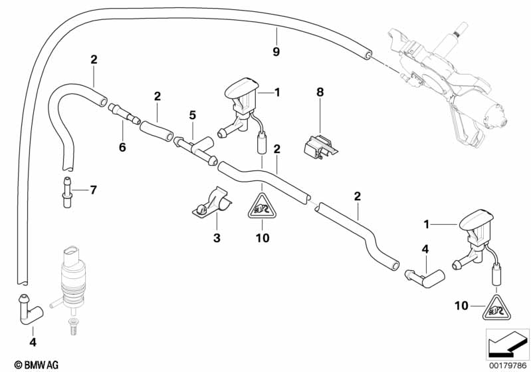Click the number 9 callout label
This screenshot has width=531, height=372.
[276, 51]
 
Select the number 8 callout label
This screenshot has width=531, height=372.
[320, 93]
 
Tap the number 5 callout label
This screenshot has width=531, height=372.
[192, 115]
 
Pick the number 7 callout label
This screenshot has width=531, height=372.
[93, 190]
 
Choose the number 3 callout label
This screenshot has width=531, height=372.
[216, 237]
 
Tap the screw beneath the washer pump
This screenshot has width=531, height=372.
[71, 325]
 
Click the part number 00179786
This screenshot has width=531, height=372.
[507, 363]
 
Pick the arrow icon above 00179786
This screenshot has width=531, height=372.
[507, 341]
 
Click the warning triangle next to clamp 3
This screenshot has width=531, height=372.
[262, 208]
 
